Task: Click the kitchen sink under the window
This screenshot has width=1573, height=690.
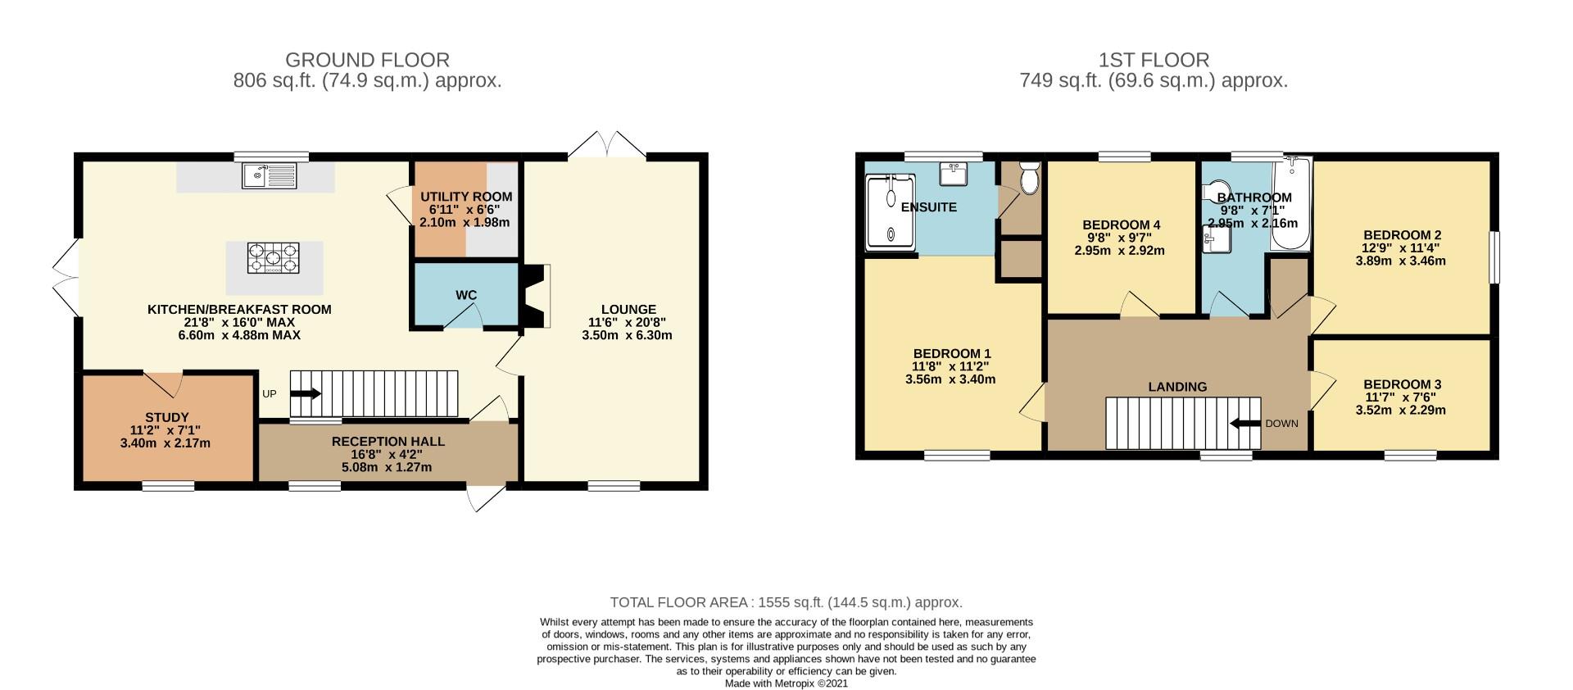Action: [270, 176]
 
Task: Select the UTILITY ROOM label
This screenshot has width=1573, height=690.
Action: [466, 197]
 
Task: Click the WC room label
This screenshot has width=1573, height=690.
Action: [466, 295]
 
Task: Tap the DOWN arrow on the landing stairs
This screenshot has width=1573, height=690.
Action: [1245, 424]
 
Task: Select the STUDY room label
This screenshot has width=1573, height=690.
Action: [167, 417]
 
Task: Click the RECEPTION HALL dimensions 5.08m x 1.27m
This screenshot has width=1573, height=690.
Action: [388, 467]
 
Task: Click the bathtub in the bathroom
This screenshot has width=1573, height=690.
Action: [1291, 205]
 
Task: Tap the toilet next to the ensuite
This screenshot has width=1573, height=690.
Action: [1028, 176]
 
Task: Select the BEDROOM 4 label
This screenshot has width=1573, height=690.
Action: [1121, 225]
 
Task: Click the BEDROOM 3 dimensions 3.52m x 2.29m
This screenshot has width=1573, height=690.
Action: [1402, 410]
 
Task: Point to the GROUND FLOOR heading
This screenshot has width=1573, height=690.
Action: [367, 60]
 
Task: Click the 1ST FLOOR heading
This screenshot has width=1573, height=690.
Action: [1154, 60]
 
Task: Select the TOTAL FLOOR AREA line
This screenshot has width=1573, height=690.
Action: [786, 602]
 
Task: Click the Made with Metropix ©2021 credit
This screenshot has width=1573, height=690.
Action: [786, 683]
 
